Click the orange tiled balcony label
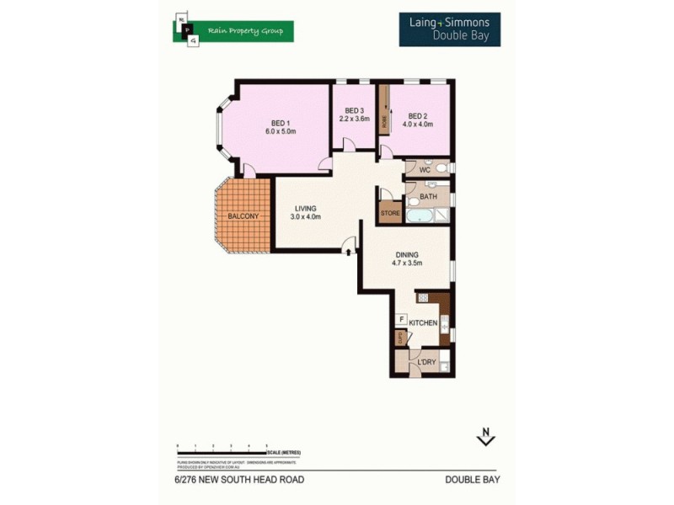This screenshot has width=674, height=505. (243, 216)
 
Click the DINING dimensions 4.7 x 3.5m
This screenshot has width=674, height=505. (406, 263)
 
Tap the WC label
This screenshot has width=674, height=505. (425, 170)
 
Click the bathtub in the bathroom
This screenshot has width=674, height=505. (418, 216)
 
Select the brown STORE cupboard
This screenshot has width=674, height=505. (390, 213)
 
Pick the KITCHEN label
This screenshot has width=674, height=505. (423, 323)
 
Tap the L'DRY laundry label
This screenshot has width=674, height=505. (426, 362)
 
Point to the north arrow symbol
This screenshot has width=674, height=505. (485, 437)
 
